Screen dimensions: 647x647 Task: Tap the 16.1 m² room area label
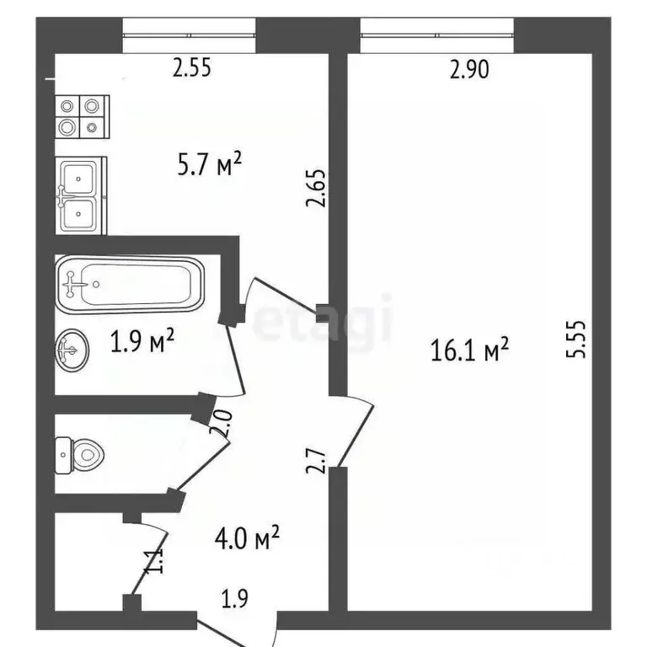[x=470, y=350]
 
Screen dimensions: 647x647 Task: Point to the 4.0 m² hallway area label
[x=247, y=537]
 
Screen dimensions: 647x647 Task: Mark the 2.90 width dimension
[x=469, y=70]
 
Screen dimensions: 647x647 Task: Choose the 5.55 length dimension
[x=576, y=340]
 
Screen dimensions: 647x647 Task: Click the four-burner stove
[x=82, y=116]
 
